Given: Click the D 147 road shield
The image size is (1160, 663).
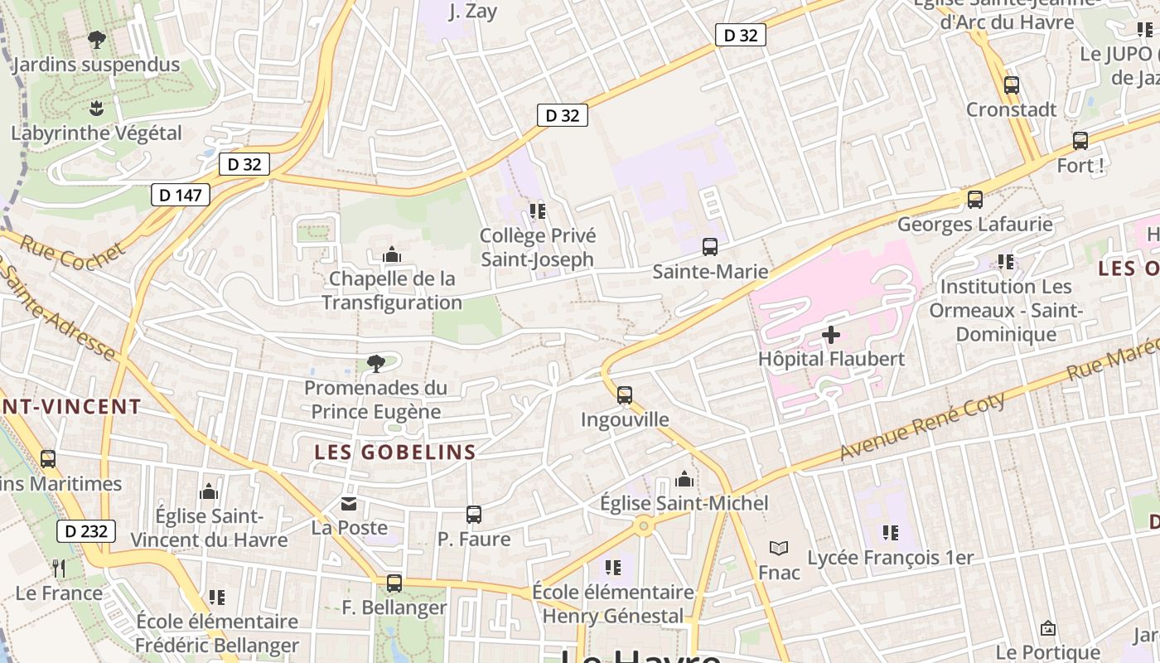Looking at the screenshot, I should point(181,195).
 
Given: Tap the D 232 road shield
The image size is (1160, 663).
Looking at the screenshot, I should point(86,531).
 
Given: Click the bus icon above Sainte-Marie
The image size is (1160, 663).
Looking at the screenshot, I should point(710,246).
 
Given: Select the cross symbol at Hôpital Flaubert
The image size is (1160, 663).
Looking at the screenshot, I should point(831,335).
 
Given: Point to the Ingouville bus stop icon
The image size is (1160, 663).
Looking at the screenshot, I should point(625,395).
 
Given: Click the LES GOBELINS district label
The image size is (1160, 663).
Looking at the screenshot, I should point(395,452).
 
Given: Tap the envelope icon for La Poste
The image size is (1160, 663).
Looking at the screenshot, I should point(350,503).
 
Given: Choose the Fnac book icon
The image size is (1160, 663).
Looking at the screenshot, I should point(778,548).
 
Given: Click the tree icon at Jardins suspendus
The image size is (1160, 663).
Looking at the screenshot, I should point(97,39).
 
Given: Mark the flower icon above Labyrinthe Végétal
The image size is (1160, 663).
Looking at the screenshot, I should point(96,108).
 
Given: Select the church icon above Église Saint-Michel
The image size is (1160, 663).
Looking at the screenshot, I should point(684,479).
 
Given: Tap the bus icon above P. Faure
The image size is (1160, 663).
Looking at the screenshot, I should point(474,515).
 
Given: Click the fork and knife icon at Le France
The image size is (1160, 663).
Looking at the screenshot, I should point(59,568).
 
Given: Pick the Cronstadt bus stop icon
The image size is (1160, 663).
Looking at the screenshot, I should point(1012,85).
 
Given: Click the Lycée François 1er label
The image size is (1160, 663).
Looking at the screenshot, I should point(891,558).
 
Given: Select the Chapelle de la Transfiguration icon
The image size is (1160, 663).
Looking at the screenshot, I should point(392,254).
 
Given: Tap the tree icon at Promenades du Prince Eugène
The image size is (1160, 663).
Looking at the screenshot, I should point(375,363).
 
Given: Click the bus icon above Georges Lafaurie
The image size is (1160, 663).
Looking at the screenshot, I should point(975,199).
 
